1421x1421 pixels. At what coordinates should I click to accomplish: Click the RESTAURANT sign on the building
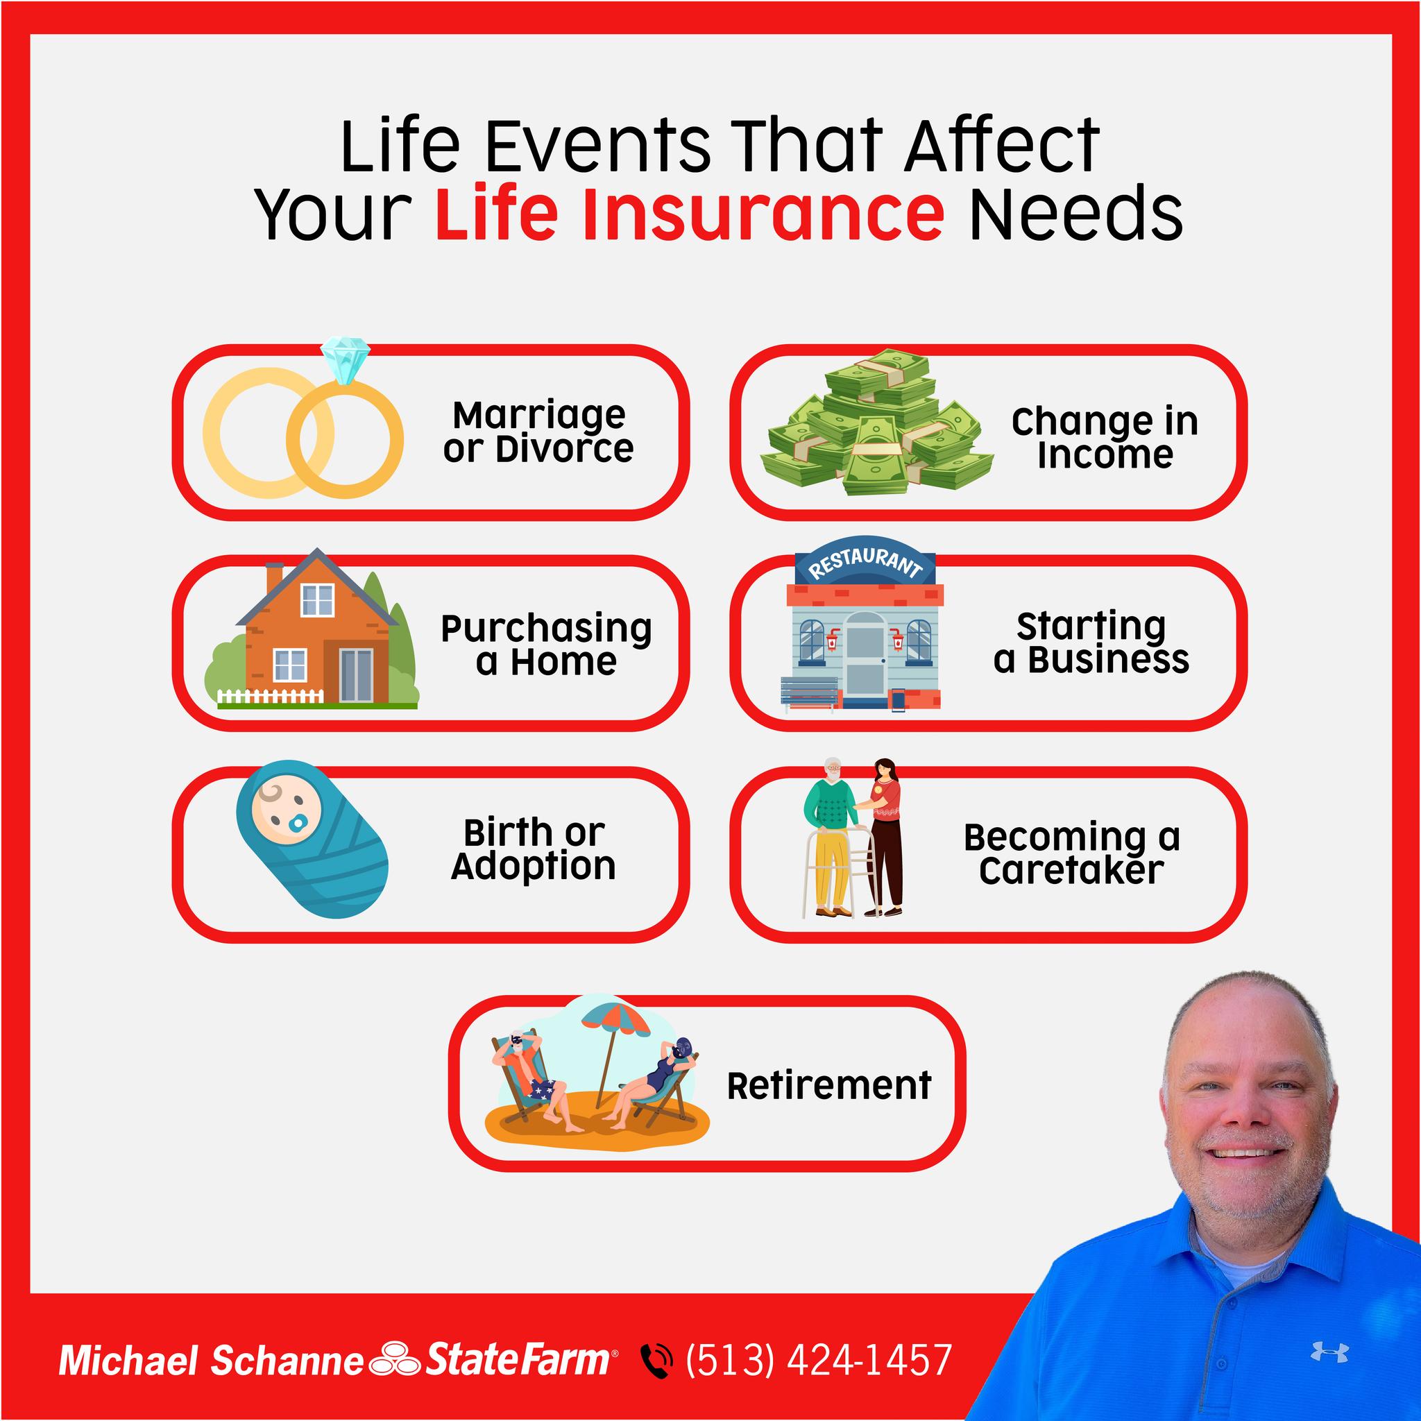click(x=865, y=561)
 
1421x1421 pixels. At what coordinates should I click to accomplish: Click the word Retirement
click(x=829, y=1085)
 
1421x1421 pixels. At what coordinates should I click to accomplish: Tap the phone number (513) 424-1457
click(x=819, y=1359)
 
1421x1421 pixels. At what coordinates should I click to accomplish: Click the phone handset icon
click(x=656, y=1361)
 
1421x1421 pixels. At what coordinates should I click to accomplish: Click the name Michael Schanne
click(x=211, y=1361)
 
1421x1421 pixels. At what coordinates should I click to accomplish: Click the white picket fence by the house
click(x=270, y=696)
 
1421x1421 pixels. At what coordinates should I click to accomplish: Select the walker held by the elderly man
click(x=838, y=872)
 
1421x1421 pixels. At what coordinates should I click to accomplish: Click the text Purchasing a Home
click(x=546, y=645)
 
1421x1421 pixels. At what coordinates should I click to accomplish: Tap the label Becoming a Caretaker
click(x=1071, y=853)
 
